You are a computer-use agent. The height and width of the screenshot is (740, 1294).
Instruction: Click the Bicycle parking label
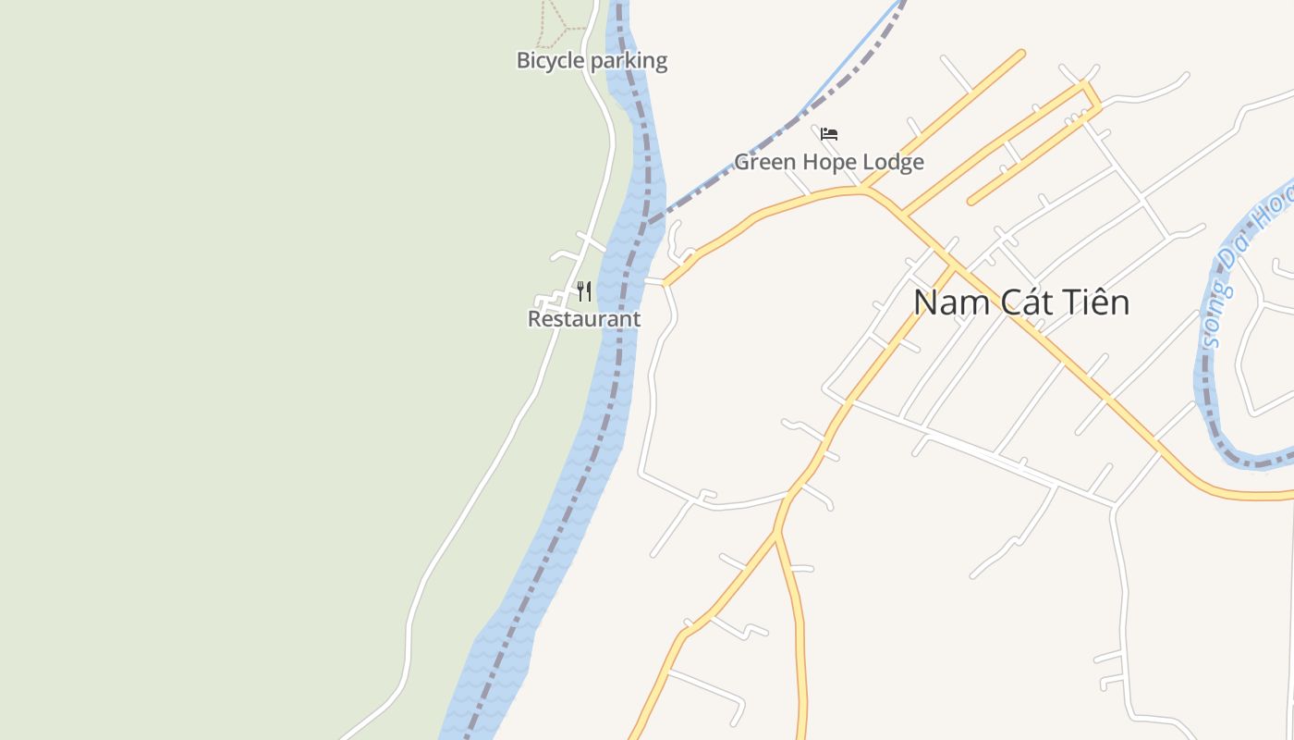click(x=592, y=61)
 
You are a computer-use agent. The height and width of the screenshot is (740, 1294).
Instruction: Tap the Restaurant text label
click(x=583, y=319)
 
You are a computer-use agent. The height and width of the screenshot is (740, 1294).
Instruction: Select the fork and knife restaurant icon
click(x=583, y=291)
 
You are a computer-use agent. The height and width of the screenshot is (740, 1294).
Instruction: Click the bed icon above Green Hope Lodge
click(x=829, y=134)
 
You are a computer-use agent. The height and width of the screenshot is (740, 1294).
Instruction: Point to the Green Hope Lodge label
click(x=829, y=163)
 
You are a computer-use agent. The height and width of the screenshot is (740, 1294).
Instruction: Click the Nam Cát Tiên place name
click(x=1021, y=302)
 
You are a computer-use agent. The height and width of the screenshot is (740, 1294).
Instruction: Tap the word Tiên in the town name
click(x=1096, y=302)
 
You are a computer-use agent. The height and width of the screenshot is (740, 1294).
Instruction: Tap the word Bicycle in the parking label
click(x=550, y=61)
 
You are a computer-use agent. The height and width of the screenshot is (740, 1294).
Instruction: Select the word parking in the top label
click(x=629, y=61)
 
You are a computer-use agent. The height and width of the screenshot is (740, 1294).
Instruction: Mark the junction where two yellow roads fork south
click(x=777, y=532)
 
